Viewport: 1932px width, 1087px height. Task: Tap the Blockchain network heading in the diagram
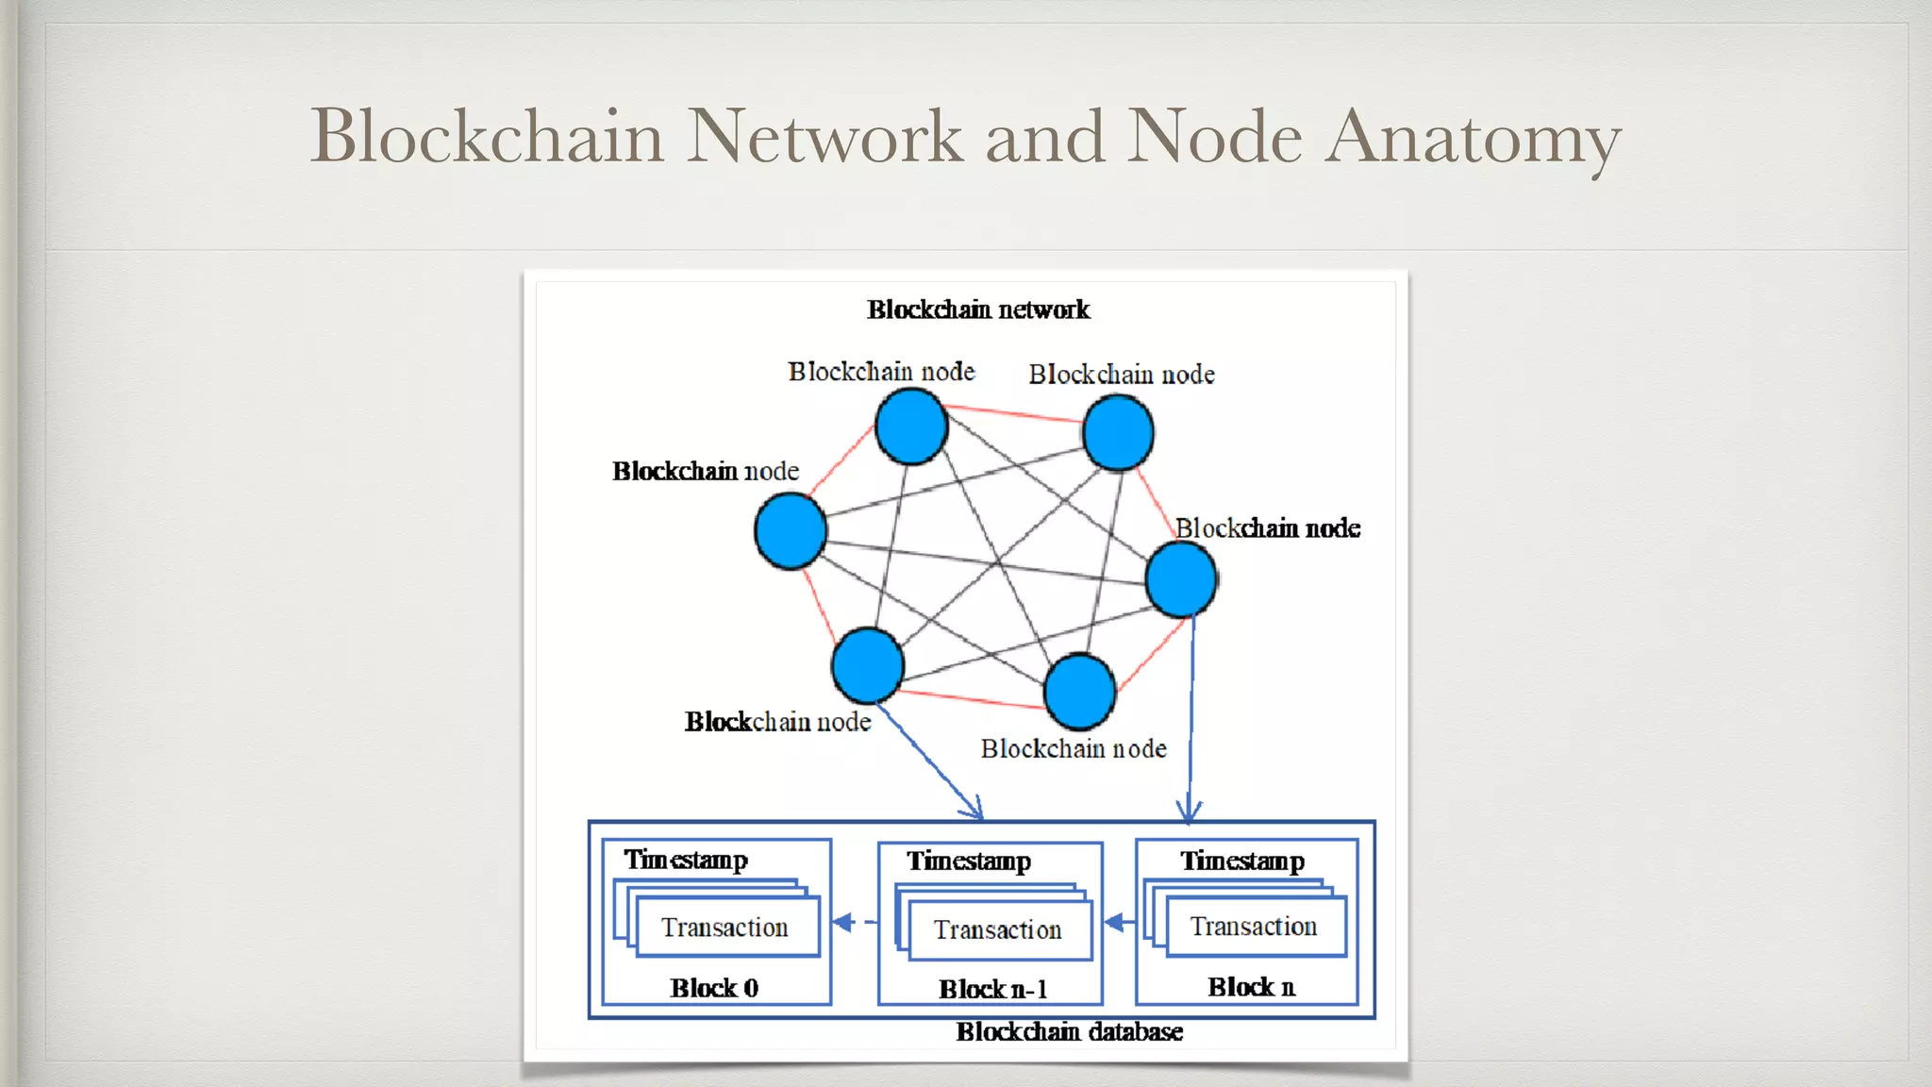[978, 309]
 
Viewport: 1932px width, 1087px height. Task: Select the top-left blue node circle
[911, 427]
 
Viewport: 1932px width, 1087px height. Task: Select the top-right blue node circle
[1118, 433]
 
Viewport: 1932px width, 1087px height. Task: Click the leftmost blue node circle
[791, 531]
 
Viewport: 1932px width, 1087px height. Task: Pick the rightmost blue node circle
[1180, 579]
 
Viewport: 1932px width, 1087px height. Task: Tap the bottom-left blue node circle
[868, 665]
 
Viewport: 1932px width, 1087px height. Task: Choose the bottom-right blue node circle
[1080, 692]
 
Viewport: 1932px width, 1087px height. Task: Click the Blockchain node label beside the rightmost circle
[1267, 528]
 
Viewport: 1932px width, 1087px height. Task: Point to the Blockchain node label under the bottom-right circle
[1074, 749]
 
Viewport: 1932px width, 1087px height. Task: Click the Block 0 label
[714, 988]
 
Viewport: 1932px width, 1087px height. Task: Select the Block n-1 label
[992, 989]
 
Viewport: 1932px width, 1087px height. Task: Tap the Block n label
[1251, 987]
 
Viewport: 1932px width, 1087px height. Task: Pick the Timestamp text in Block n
[1242, 861]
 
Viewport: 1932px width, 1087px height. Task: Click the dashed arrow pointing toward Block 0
[855, 922]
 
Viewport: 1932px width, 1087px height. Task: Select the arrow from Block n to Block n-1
[1119, 922]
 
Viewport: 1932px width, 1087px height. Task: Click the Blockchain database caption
[1069, 1031]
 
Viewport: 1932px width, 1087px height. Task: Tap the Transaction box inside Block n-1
[999, 930]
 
